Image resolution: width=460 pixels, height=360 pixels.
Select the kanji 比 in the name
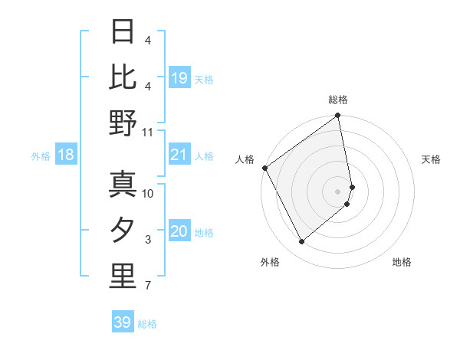point(123,77)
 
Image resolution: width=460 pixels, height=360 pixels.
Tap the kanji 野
point(123,123)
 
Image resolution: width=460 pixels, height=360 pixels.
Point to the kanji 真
point(123,184)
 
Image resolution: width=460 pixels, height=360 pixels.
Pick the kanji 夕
point(123,231)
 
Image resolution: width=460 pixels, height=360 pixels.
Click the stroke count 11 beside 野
point(148,133)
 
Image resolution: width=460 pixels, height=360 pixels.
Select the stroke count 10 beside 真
point(148,193)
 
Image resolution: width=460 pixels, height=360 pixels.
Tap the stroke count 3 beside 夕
point(148,240)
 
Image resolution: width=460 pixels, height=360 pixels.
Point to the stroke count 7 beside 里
point(148,286)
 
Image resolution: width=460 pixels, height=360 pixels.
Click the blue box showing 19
point(179,78)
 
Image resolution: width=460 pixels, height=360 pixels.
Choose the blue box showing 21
point(179,155)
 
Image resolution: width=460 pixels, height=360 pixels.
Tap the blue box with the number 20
point(179,232)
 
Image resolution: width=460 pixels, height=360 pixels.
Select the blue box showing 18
point(66,155)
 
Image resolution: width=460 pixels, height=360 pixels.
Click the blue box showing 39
point(122,322)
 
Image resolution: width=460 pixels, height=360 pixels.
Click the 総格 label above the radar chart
point(338,100)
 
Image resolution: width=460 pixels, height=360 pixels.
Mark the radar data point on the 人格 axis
point(264,168)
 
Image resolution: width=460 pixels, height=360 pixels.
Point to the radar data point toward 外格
point(302,242)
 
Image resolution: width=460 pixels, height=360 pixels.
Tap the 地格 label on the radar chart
point(402,262)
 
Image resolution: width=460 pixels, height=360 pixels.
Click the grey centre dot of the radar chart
point(338,191)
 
